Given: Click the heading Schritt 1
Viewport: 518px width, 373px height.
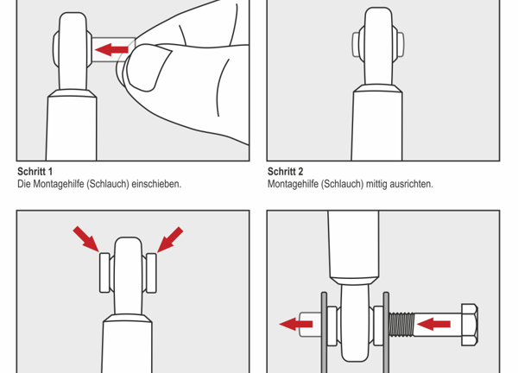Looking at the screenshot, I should point(35,172).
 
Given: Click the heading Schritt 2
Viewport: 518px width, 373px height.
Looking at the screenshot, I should point(285,172).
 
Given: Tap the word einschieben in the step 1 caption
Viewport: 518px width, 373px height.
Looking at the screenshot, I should point(156,184).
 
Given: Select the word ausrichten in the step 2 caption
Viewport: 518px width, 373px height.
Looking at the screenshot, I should point(410,184).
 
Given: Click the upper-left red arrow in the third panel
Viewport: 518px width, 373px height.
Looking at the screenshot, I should point(86,238).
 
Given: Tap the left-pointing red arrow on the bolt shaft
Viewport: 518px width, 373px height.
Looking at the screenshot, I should point(434,325).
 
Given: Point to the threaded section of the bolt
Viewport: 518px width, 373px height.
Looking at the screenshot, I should point(401,325).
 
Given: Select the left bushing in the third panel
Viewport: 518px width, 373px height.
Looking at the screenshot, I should point(104,271).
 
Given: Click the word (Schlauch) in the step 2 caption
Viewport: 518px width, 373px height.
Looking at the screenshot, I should point(338,184).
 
